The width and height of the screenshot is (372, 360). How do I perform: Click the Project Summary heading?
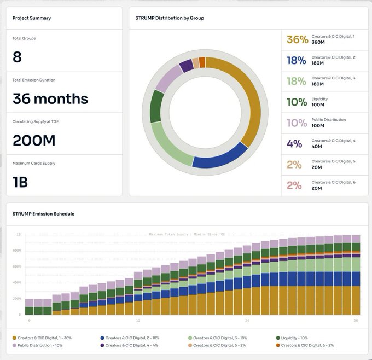[x=32, y=18]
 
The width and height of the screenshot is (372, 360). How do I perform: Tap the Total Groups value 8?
[x=18, y=57]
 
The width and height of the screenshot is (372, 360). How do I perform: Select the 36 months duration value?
[x=50, y=99]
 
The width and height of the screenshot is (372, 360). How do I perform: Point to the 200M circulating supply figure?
[x=34, y=141]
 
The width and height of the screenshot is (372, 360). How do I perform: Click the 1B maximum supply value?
[x=20, y=182]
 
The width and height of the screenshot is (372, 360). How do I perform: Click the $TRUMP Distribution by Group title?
[x=170, y=18]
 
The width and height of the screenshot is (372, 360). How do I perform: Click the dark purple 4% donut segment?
[x=186, y=66]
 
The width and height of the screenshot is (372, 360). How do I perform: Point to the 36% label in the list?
[x=297, y=40]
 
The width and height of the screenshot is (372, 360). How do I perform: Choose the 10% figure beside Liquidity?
[x=297, y=102]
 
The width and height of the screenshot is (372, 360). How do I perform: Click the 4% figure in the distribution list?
[x=294, y=144]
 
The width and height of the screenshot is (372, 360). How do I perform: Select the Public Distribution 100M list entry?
[x=328, y=123]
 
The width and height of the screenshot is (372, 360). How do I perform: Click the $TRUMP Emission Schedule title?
[x=43, y=214]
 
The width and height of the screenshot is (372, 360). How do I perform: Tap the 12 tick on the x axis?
[x=138, y=320]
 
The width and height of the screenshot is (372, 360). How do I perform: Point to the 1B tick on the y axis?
[x=19, y=234]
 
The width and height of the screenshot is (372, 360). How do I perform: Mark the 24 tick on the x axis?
[x=247, y=320]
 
